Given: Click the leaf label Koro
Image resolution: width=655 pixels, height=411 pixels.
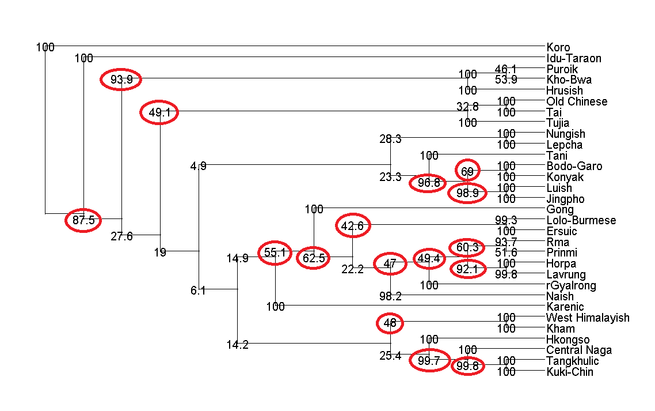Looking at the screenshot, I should coord(558,47).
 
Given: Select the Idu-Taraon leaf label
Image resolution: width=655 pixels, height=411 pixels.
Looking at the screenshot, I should coord(573,58).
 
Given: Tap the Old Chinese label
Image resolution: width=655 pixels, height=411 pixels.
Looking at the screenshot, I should coord(576,101).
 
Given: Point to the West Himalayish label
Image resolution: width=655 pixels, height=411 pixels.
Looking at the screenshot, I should coord(587,318).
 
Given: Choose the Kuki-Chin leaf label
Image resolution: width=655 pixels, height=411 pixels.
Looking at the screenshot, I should coord(569,372).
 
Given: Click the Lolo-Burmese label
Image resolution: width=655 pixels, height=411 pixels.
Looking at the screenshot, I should coord(581,220).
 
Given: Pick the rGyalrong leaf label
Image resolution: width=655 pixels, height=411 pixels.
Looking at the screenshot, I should coord(572,285).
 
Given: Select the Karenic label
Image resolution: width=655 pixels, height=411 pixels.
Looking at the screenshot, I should coord(565,307).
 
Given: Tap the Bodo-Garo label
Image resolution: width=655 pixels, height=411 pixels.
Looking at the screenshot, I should coord(574,166).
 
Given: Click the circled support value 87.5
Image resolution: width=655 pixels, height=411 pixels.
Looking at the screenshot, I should coord(83,220).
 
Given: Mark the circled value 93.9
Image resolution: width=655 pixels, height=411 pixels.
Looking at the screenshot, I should coord(121,80).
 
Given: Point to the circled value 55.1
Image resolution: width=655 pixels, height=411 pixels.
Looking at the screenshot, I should coord(275,252).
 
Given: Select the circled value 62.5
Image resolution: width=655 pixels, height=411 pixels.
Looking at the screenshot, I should coord(314,258).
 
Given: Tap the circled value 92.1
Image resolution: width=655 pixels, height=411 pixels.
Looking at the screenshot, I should coord(467,269).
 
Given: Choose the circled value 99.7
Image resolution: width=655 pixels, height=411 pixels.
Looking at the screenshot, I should coord(429,361).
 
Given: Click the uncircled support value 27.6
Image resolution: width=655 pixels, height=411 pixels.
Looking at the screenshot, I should coord(121,236).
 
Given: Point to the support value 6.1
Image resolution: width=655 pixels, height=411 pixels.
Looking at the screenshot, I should coord(198,291).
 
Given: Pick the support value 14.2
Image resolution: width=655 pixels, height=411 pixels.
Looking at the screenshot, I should coord(237,345).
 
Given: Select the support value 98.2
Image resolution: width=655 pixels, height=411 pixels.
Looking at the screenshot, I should coord(390,296).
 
